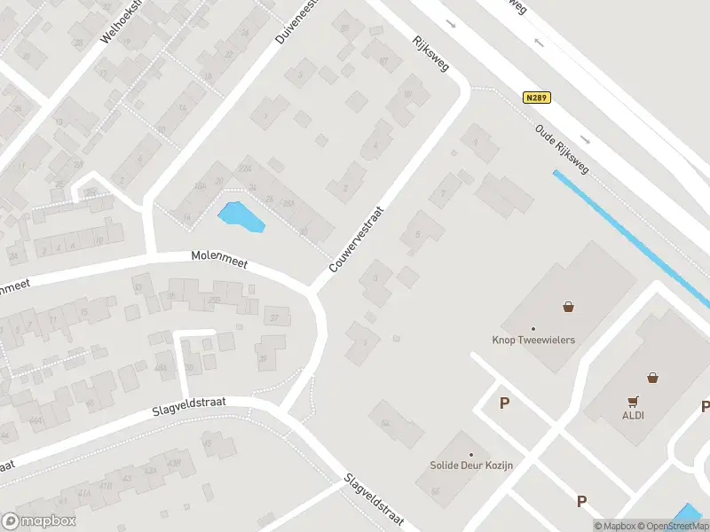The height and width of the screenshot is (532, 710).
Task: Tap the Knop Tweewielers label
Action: click(533, 340)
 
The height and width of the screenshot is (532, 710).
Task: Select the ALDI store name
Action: click(633, 415)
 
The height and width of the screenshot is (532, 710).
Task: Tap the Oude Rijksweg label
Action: click(564, 147)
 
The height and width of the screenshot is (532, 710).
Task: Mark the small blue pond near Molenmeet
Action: click(240, 215)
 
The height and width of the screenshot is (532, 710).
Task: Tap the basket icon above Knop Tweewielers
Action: click(568, 307)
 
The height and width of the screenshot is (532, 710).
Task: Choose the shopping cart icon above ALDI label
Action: click(633, 400)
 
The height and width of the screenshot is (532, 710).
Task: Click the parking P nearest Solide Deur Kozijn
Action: click(504, 403)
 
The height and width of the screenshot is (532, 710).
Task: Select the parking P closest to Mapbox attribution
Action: click(582, 501)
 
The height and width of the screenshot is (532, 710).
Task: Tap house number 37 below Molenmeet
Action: click(274, 317)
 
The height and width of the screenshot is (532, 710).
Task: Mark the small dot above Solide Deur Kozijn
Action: click(471, 455)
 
